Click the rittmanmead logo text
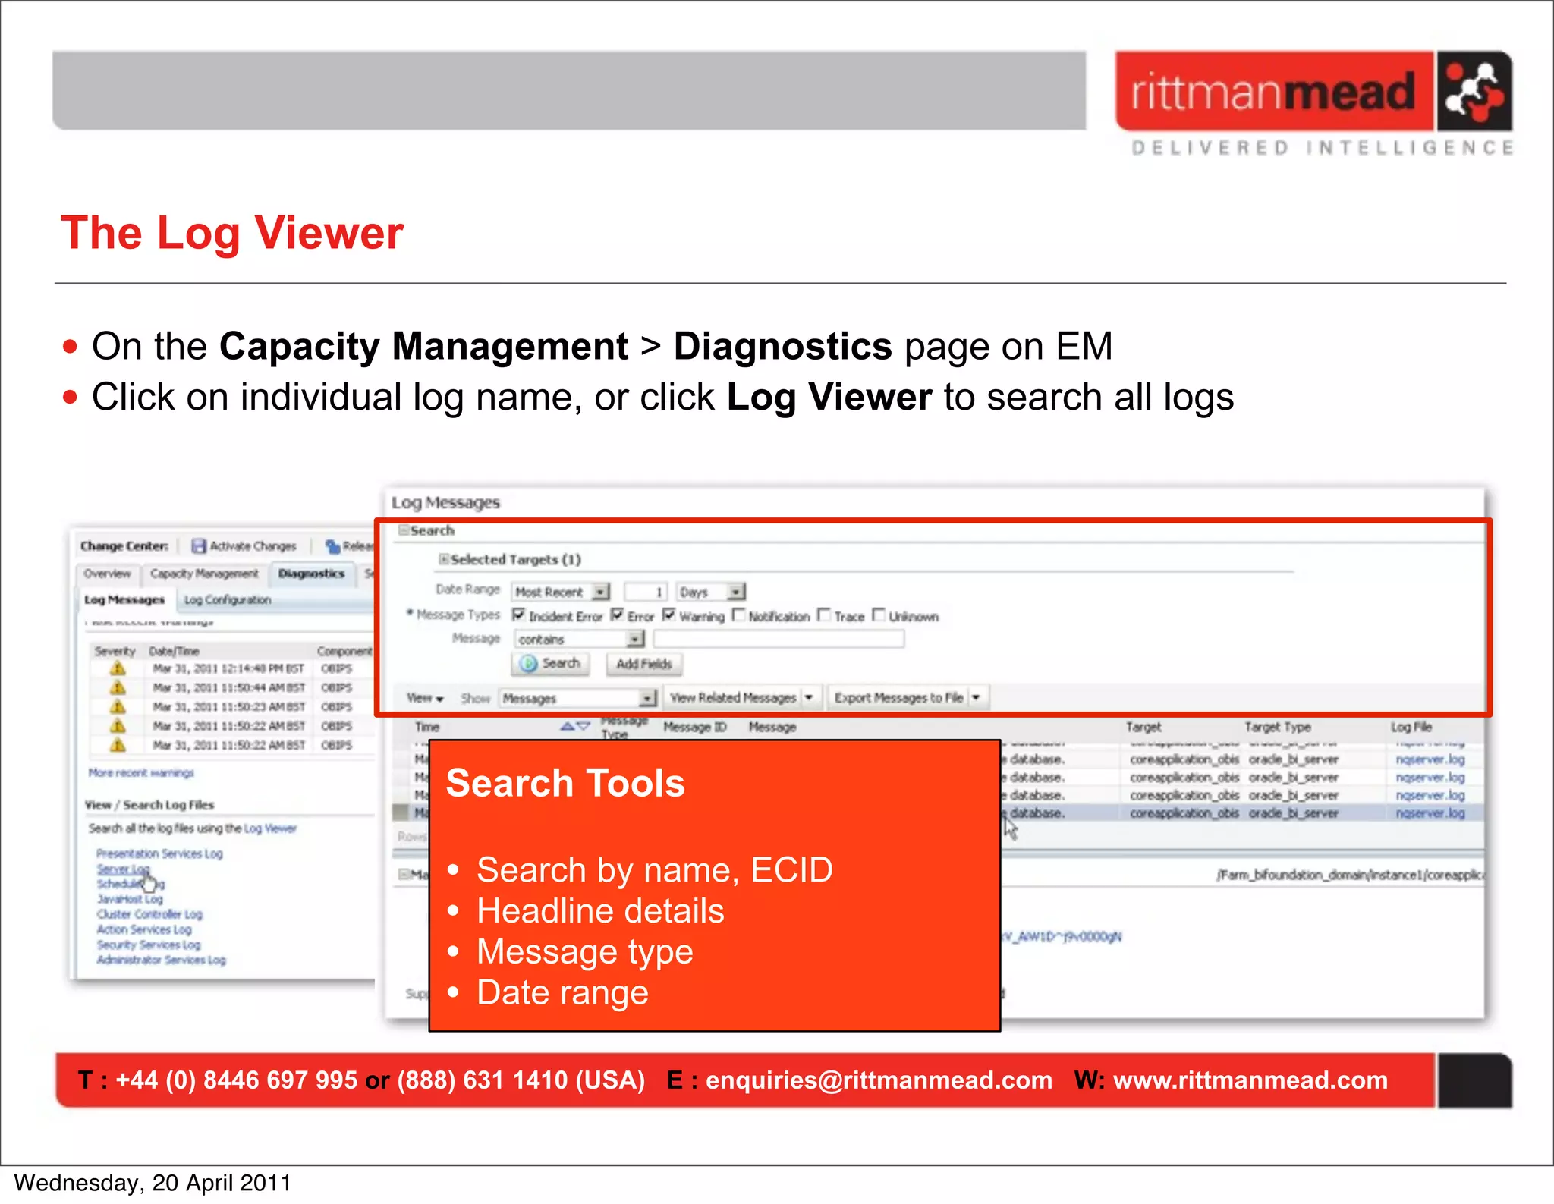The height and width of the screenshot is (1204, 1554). pyautogui.click(x=1273, y=92)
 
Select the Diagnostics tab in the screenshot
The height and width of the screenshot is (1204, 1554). pyautogui.click(x=311, y=574)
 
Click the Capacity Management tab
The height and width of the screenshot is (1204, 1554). pyautogui.click(x=204, y=574)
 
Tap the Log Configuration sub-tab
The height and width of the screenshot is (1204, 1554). pyautogui.click(x=227, y=599)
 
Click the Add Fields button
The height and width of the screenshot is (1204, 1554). pyautogui.click(x=643, y=664)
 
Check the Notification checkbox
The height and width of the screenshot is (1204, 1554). pyautogui.click(x=739, y=615)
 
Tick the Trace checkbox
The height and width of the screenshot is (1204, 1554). pyautogui.click(x=824, y=615)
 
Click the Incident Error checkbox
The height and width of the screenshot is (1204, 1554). pyautogui.click(x=519, y=615)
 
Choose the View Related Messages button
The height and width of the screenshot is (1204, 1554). pyautogui.click(x=733, y=697)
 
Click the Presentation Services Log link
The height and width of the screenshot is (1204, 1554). pyautogui.click(x=159, y=853)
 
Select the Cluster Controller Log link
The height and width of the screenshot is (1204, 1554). pyautogui.click(x=149, y=914)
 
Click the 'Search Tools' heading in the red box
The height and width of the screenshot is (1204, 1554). pyautogui.click(x=565, y=783)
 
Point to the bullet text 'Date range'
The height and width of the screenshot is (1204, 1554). pyautogui.click(x=562, y=992)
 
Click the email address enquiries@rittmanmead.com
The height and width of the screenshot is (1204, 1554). pyautogui.click(x=879, y=1080)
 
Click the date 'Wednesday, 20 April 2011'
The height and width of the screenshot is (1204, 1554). pyautogui.click(x=153, y=1183)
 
